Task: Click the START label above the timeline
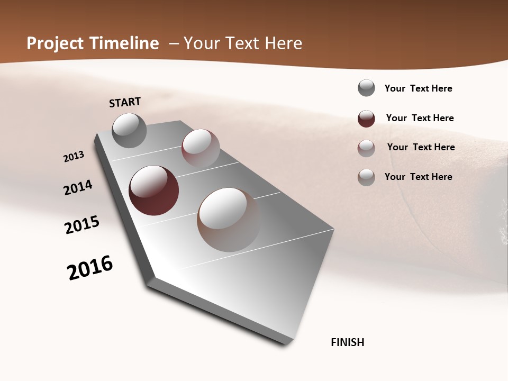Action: click(125, 102)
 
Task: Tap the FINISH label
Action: click(347, 342)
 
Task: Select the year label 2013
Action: click(74, 157)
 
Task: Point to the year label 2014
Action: click(78, 187)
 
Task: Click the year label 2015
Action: click(82, 225)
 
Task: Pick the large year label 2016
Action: click(90, 268)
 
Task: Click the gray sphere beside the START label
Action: click(129, 130)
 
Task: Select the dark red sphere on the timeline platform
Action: click(153, 190)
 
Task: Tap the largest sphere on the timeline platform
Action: click(229, 219)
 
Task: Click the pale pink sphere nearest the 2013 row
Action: click(201, 148)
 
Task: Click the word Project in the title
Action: click(53, 43)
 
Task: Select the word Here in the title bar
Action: click(284, 43)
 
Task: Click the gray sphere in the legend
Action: click(366, 88)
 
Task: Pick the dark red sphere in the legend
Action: click(366, 119)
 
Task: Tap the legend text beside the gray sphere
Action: click(418, 88)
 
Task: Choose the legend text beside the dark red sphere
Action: click(420, 118)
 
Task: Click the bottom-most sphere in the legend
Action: click(366, 177)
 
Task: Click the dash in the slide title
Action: click(174, 43)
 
